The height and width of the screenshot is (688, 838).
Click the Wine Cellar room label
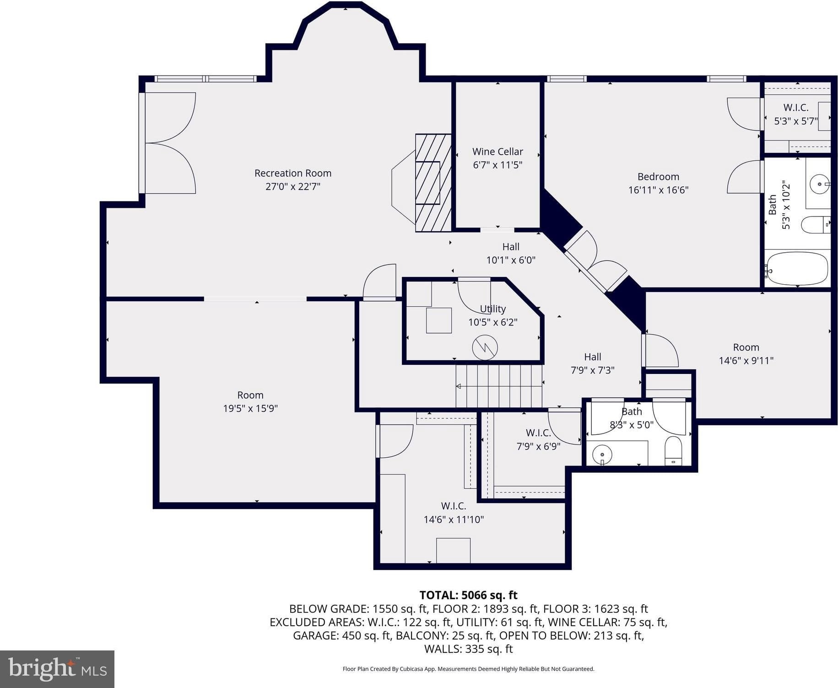tap(497, 152)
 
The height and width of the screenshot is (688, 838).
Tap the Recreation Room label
tap(293, 173)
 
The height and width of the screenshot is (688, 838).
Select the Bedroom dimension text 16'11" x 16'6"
tap(658, 190)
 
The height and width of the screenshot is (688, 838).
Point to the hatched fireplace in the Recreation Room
tap(433, 183)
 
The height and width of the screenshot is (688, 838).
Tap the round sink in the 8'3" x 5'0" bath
tap(602, 455)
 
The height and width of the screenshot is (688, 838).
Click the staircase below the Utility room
tap(499, 385)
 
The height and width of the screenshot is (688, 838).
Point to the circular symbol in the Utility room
tap(485, 347)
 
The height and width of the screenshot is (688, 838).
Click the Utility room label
tap(493, 309)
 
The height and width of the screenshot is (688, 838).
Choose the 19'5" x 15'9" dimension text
tap(250, 408)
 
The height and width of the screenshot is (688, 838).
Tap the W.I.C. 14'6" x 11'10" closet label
tap(454, 513)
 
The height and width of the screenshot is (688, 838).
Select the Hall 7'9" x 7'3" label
tap(593, 363)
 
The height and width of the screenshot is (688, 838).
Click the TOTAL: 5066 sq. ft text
tap(468, 595)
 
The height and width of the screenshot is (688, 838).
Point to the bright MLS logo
tap(57, 669)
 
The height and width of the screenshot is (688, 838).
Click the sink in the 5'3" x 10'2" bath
tap(819, 184)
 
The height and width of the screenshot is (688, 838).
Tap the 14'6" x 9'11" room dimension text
tap(746, 361)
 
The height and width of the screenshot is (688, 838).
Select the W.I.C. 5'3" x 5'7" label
tap(796, 114)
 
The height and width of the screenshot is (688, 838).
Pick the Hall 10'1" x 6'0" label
tap(511, 253)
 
